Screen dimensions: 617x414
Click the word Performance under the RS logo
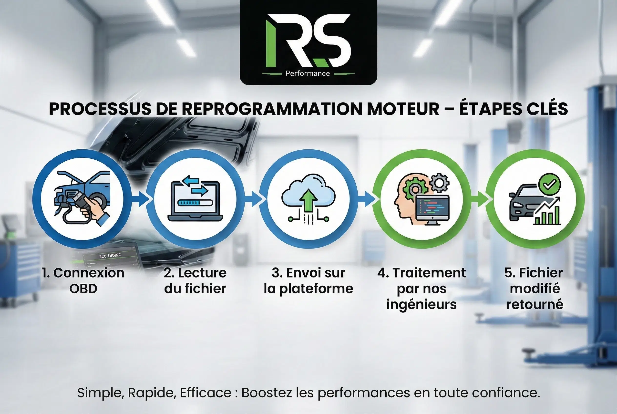(308, 73)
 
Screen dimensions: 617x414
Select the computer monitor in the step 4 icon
(432, 210)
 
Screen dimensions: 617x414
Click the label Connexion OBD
(83, 280)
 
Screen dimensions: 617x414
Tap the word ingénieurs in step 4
(422, 304)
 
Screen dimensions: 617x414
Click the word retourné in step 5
(535, 304)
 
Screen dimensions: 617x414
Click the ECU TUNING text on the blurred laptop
(110, 256)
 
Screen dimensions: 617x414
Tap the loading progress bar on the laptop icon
(195, 203)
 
